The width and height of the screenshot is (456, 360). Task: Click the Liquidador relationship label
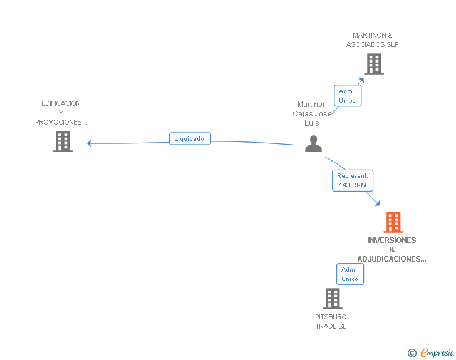(190, 139)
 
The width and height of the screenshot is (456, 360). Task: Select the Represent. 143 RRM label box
(353, 180)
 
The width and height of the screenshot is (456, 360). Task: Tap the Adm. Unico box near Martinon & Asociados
(348, 96)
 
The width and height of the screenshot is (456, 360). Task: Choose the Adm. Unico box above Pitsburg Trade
(350, 274)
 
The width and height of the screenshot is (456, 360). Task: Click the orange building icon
(393, 222)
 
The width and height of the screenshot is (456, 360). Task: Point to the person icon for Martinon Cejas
(313, 143)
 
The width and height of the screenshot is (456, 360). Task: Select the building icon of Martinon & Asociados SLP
(374, 64)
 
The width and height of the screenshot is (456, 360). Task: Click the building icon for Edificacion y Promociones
(63, 141)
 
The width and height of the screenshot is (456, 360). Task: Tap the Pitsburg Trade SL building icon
(333, 299)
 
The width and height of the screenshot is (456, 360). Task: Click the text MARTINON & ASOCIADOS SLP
(372, 40)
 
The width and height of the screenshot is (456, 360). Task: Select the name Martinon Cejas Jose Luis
(312, 114)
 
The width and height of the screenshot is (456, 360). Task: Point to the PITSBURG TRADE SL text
(331, 321)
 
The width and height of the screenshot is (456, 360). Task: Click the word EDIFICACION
(61, 103)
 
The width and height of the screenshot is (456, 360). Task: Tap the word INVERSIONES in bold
(392, 240)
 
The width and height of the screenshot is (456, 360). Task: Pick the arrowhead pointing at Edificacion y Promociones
(89, 143)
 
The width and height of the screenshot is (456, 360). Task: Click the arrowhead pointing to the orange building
(378, 203)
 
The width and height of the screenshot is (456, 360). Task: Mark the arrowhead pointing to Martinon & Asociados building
(361, 81)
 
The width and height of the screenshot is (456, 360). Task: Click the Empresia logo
(437, 352)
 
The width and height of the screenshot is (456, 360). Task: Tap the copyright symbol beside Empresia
(412, 353)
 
